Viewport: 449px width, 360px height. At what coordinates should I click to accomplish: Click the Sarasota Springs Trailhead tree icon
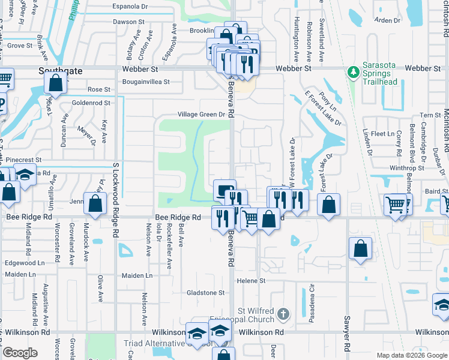[x=354, y=73]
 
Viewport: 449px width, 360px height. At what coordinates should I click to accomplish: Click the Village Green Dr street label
[x=201, y=115]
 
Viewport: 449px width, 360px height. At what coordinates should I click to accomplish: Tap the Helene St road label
[x=251, y=281]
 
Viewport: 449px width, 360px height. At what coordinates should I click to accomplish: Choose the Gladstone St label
[x=205, y=293]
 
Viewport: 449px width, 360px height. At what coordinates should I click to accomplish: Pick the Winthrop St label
[x=407, y=168]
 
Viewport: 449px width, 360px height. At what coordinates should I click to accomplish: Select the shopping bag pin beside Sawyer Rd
[x=360, y=248]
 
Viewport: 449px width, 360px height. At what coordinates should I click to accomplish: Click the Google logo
[x=20, y=353]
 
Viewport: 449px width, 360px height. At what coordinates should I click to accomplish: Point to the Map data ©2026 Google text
[x=411, y=355]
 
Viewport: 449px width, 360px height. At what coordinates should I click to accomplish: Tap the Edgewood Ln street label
[x=25, y=263]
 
